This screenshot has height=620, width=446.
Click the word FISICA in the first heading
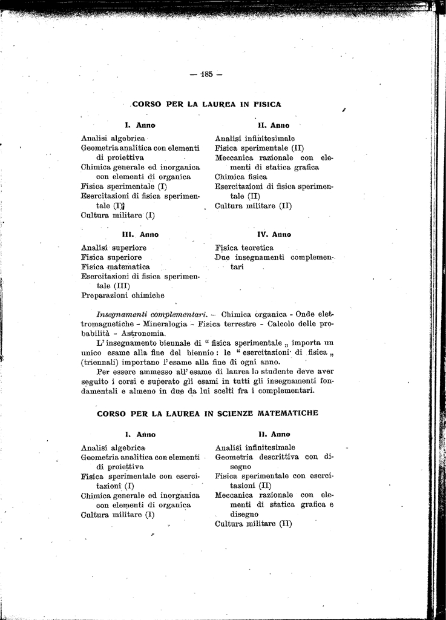pyautogui.click(x=267, y=104)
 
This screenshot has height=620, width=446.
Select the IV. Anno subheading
pyautogui.click(x=274, y=234)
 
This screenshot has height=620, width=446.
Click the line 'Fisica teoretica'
pyautogui.click(x=244, y=248)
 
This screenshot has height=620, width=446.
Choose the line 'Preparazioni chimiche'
pyautogui.click(x=123, y=295)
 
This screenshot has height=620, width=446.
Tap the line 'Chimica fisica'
pyautogui.click(x=241, y=177)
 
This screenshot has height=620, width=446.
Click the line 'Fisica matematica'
pyautogui.click(x=116, y=266)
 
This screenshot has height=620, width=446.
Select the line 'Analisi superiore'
pyautogui.click(x=114, y=248)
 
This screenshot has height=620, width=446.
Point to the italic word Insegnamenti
pyautogui.click(x=122, y=315)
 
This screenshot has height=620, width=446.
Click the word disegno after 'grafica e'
pyautogui.click(x=244, y=514)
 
